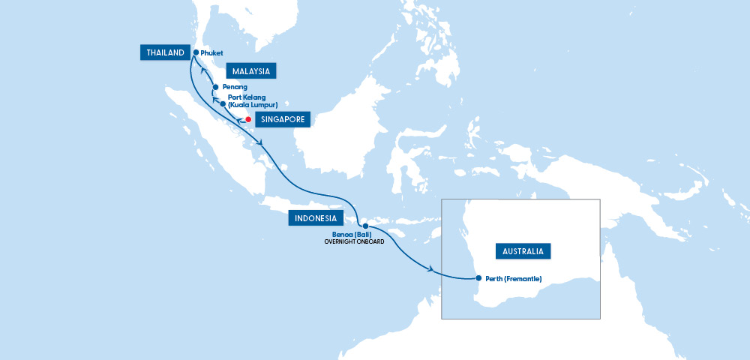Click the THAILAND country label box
[163, 52]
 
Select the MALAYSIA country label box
[251, 71]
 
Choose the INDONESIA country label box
[316, 218]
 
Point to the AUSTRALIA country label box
[523, 250]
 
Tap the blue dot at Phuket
[196, 52]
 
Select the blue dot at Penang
[215, 87]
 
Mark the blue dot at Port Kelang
[223, 104]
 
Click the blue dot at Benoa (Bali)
[365, 226]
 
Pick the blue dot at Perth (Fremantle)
[478, 279]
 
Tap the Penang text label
[235, 87]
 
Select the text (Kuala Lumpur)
[253, 105]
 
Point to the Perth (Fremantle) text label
[513, 279]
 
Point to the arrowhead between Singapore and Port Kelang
[238, 119]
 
